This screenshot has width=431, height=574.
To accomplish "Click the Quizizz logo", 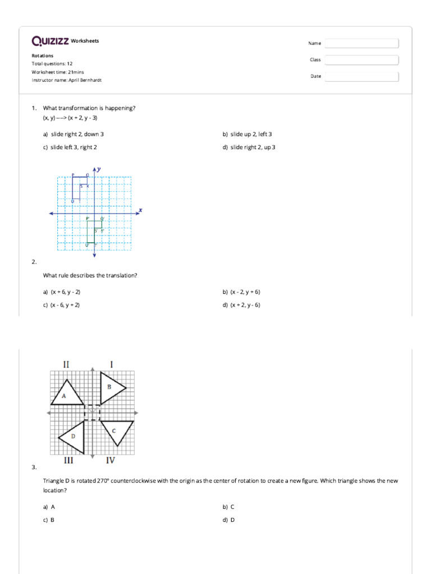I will point(50,40).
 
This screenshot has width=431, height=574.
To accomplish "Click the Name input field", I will point(361,43).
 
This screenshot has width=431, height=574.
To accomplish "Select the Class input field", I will point(361,60).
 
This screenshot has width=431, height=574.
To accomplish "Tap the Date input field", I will point(361,76).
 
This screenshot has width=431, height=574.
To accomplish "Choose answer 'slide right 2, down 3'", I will point(74,135).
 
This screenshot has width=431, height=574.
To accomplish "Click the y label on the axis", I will point(99,169).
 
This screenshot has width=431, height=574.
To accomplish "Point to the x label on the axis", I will point(140,210).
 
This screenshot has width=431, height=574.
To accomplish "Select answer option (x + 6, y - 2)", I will point(62,292).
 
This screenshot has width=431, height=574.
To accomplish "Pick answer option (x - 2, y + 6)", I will point(241,292).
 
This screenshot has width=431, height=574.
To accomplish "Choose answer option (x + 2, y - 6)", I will point(241,305).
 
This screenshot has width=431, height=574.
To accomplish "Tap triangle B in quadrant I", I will point(111,387).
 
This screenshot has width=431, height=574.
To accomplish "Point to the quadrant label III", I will point(67,461).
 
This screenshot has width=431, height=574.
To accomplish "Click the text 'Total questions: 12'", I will point(52,64).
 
